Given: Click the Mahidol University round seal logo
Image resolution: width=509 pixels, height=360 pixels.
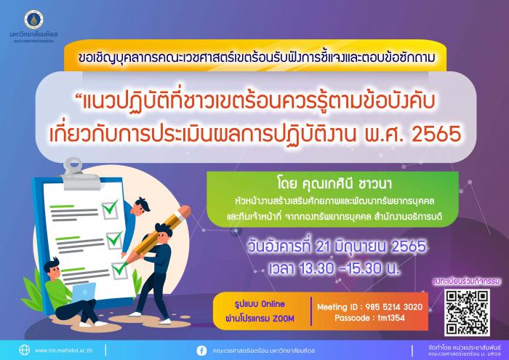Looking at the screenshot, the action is [33, 20].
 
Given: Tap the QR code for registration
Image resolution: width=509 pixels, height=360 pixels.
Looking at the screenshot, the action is [467, 313].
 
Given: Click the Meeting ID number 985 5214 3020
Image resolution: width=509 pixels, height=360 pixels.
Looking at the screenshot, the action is [394, 307].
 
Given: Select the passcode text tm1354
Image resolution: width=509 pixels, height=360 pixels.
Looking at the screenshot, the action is [391, 318].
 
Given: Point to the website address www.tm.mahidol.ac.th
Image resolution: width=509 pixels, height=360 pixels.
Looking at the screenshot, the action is [64, 351].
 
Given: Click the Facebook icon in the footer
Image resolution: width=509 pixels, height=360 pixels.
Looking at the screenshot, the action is [201, 351].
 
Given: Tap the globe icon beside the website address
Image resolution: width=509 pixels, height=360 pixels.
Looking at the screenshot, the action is [24, 351].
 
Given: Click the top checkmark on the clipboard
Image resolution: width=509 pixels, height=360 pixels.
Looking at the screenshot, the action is [110, 209].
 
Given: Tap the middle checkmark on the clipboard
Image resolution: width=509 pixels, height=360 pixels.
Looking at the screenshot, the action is [114, 240].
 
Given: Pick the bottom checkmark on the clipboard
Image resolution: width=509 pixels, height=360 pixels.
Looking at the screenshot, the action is [119, 270].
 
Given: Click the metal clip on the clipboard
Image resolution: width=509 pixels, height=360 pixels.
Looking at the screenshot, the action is [78, 175].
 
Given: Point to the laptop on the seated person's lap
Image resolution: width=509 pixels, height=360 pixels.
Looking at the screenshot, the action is [84, 292].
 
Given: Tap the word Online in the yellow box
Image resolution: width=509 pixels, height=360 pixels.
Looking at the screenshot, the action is [273, 304].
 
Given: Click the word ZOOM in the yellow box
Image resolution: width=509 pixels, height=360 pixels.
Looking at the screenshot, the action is [284, 319].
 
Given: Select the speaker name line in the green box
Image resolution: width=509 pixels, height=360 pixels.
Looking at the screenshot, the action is [334, 184].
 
